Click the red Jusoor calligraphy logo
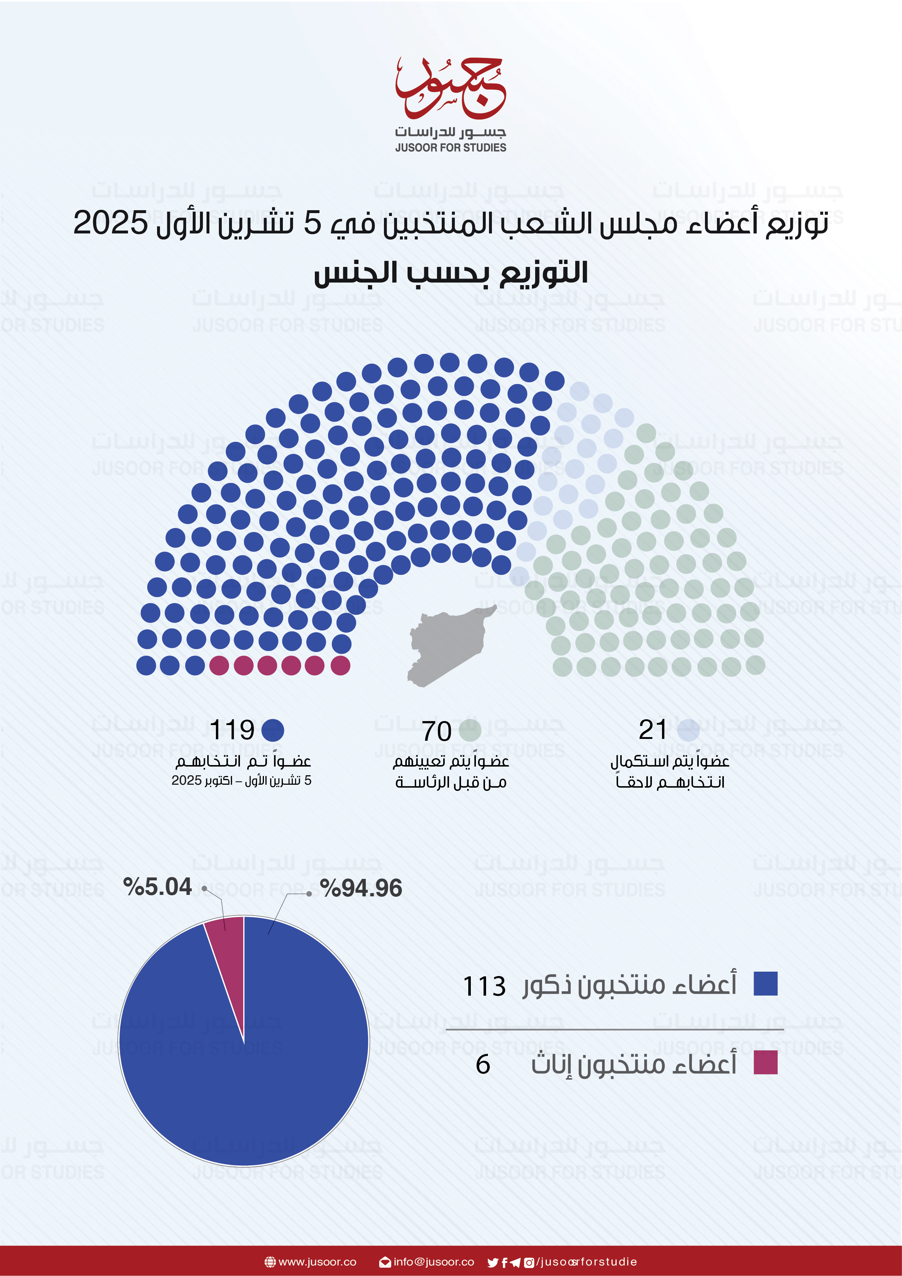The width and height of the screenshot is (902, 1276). [450, 89]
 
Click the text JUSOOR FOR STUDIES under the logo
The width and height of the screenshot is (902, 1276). [451, 148]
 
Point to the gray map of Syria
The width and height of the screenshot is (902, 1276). [449, 645]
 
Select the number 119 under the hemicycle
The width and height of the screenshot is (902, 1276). [232, 730]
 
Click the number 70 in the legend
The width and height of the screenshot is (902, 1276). [437, 731]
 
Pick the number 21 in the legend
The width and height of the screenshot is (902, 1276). [653, 730]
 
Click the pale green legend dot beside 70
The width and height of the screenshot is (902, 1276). [470, 730]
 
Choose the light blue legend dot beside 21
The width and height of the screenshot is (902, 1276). [689, 730]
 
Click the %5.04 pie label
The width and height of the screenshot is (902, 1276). [158, 887]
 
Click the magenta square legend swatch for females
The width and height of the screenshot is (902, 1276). [765, 1063]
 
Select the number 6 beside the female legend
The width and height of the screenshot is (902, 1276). [483, 1065]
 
